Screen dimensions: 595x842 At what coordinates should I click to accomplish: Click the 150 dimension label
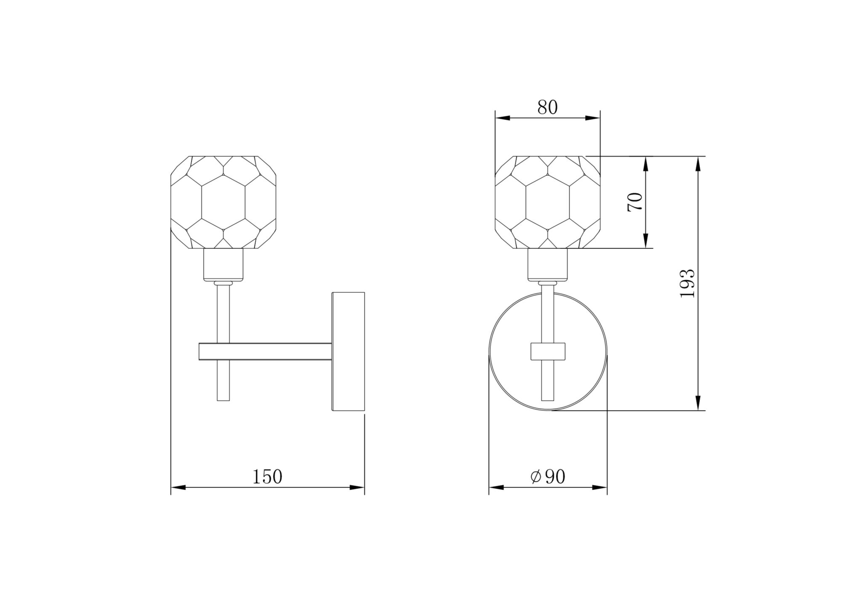pyautogui.click(x=267, y=477)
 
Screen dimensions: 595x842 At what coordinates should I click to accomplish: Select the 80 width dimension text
pyautogui.click(x=547, y=107)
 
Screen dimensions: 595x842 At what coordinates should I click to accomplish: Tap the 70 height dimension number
pyautogui.click(x=635, y=202)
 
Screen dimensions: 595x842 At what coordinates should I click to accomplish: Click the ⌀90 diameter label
pyautogui.click(x=548, y=477)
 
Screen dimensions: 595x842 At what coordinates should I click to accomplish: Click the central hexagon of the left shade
pyautogui.click(x=223, y=202)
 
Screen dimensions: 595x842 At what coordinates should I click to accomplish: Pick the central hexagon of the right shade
pyautogui.click(x=547, y=202)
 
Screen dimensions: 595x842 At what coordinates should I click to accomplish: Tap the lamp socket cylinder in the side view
pyautogui.click(x=223, y=264)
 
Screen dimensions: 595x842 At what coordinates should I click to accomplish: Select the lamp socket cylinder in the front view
pyautogui.click(x=547, y=264)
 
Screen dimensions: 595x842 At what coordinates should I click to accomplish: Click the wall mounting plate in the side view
pyautogui.click(x=348, y=351)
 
